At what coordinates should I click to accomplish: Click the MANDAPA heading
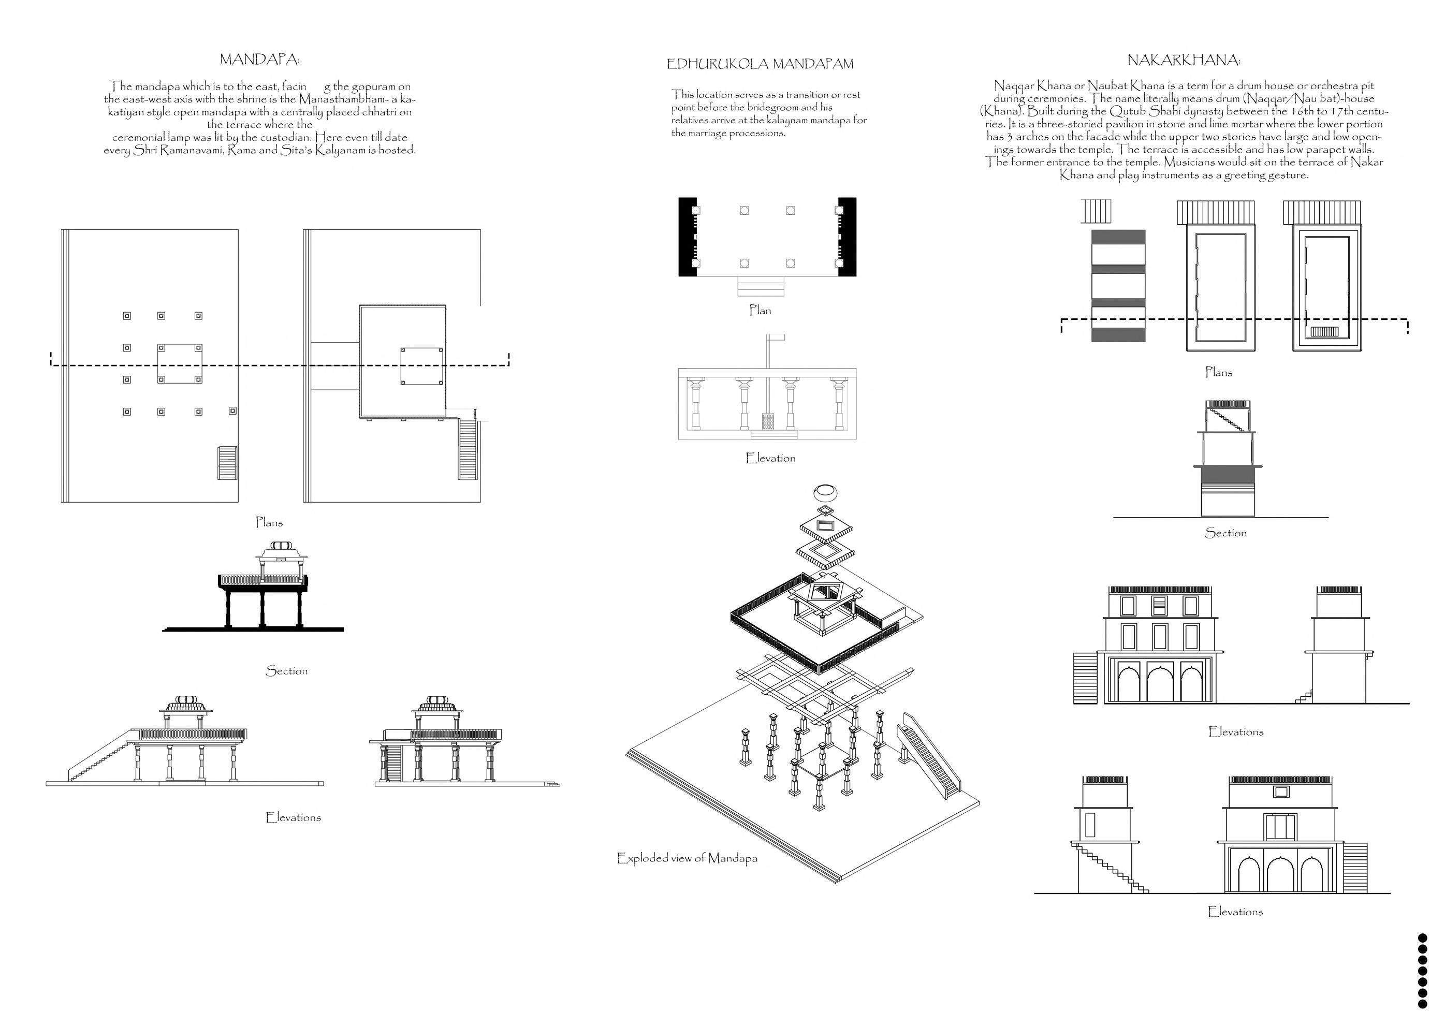coord(260,60)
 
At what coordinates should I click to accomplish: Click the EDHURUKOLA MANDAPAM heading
coord(760,64)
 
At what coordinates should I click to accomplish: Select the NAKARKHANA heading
coord(1184,61)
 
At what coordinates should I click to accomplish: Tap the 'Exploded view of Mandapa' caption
coord(687,858)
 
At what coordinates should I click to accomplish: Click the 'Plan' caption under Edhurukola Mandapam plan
coord(760,310)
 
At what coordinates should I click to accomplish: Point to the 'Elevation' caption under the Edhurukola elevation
coord(770,459)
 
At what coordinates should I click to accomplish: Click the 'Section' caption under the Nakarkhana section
coord(1225,533)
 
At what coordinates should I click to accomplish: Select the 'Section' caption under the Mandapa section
coord(286,671)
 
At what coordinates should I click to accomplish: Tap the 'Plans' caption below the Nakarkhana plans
coord(1218,373)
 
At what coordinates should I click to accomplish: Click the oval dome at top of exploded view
coord(826,493)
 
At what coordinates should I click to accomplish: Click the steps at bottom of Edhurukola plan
coord(761,287)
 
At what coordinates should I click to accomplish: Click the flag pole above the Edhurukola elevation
coord(768,355)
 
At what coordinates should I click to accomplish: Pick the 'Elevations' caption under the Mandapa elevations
coord(293,817)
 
